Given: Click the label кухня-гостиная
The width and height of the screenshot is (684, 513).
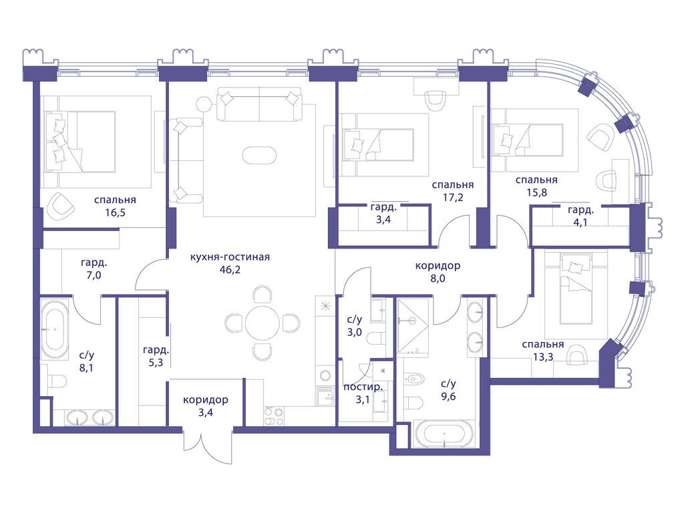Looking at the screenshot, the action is pyautogui.click(x=230, y=257).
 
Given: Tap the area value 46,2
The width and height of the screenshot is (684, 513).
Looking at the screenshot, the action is pyautogui.click(x=230, y=270).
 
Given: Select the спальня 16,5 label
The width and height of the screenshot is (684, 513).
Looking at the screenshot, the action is pyautogui.click(x=115, y=206).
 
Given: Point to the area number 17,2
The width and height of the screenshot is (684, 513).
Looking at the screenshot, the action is pyautogui.click(x=453, y=197).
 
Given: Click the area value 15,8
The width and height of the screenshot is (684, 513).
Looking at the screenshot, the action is pyautogui.click(x=536, y=192).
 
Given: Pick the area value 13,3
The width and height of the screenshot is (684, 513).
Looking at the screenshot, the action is pyautogui.click(x=543, y=357).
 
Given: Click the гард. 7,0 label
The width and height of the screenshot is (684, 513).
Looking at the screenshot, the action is pyautogui.click(x=94, y=269).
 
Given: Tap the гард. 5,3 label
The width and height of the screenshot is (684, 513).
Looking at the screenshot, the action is pyautogui.click(x=156, y=356).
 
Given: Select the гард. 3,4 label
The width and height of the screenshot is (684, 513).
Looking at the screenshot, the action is pyautogui.click(x=383, y=213).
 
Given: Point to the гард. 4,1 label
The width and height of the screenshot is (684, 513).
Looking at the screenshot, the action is pyautogui.click(x=580, y=216).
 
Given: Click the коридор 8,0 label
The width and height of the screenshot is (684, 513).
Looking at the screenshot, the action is pyautogui.click(x=438, y=272).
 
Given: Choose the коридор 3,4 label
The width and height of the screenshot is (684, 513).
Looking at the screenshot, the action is pyautogui.click(x=206, y=405).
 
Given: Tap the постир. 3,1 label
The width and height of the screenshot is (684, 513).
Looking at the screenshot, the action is pyautogui.click(x=363, y=393).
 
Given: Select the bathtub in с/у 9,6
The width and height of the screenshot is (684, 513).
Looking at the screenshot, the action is pyautogui.click(x=444, y=434).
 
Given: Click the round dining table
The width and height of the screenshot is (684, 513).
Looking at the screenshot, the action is pyautogui.click(x=262, y=323).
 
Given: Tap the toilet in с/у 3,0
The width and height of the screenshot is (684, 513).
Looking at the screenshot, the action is pyautogui.click(x=377, y=338).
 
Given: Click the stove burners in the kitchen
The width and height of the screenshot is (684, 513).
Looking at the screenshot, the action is pyautogui.click(x=273, y=415).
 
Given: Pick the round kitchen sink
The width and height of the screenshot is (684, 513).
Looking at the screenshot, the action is pyautogui.click(x=325, y=375).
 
